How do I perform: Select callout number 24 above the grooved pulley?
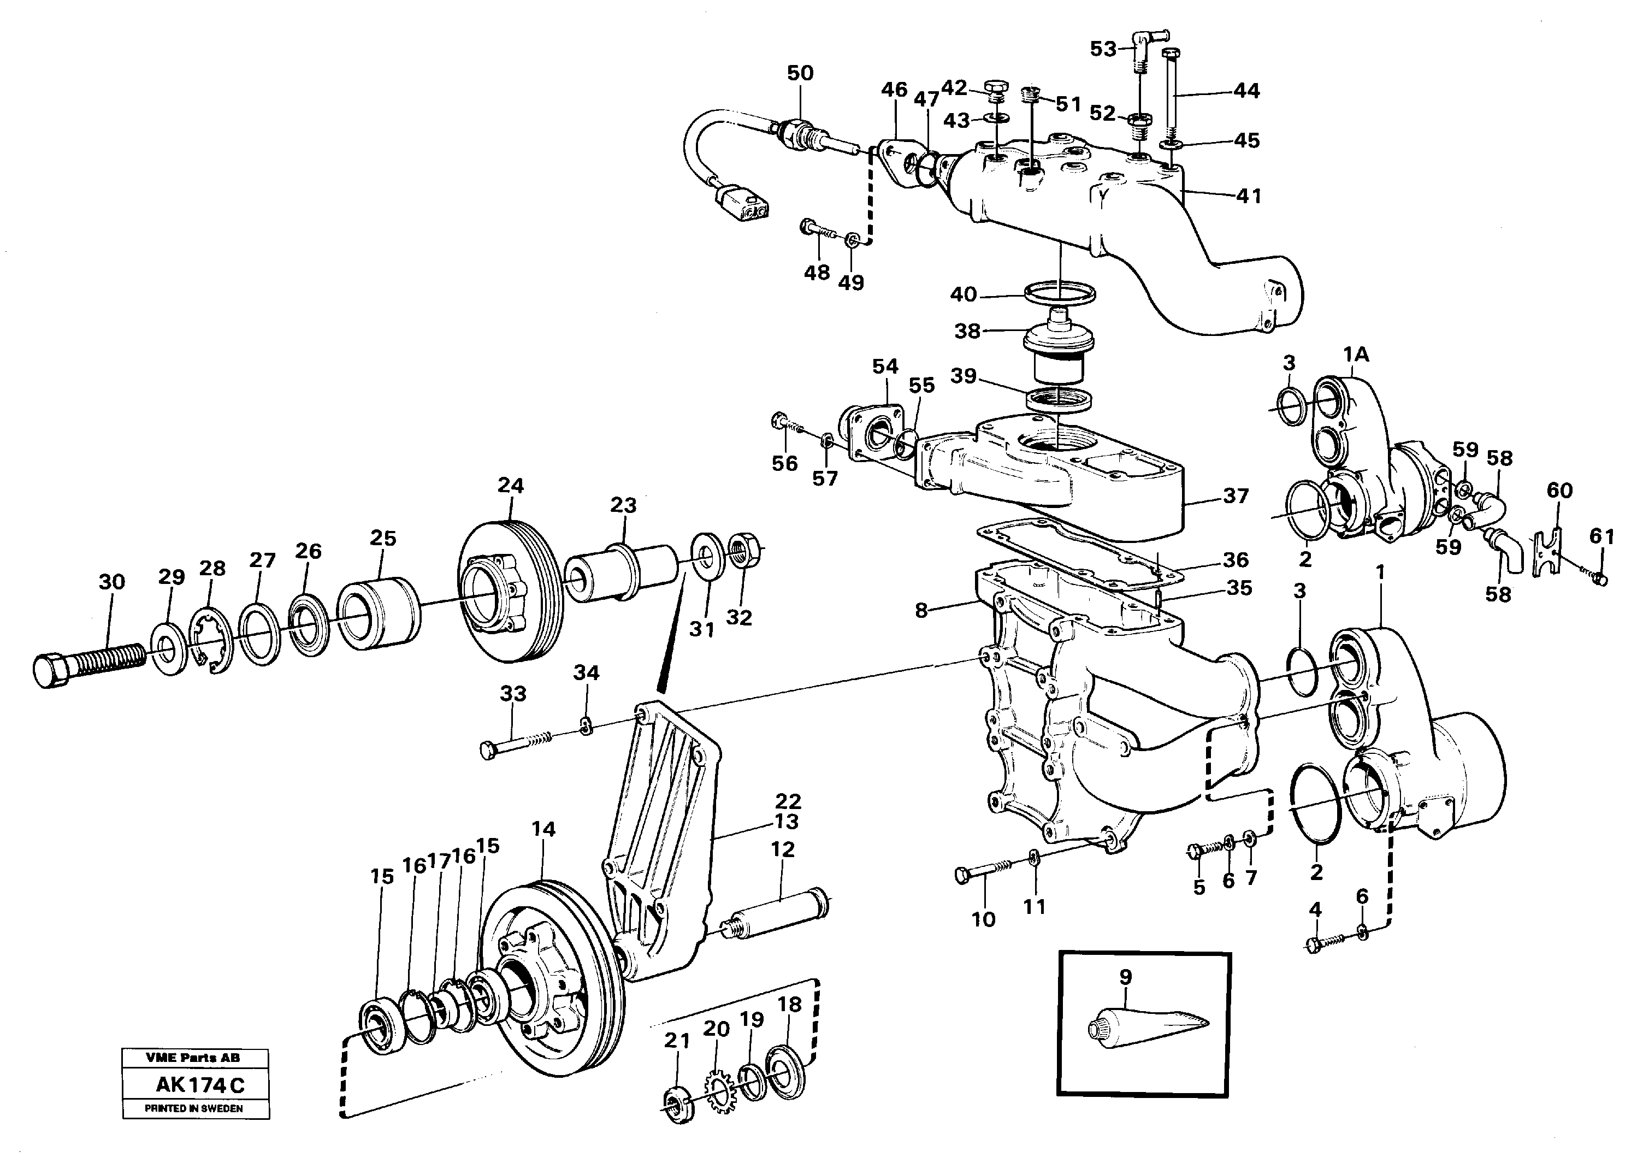[x=511, y=486]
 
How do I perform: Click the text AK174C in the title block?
[x=200, y=1085]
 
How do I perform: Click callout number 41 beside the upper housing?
[x=1249, y=196]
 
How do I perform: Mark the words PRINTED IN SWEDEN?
[x=194, y=1108]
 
